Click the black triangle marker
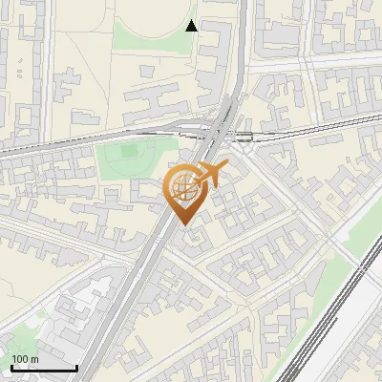pos(191,26)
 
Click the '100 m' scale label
pos(25,359)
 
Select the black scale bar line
pos(43,368)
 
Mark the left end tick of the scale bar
pos(11,366)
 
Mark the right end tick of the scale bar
pos(76,366)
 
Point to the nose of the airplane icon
pos(228,168)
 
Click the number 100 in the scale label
pos(20,359)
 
